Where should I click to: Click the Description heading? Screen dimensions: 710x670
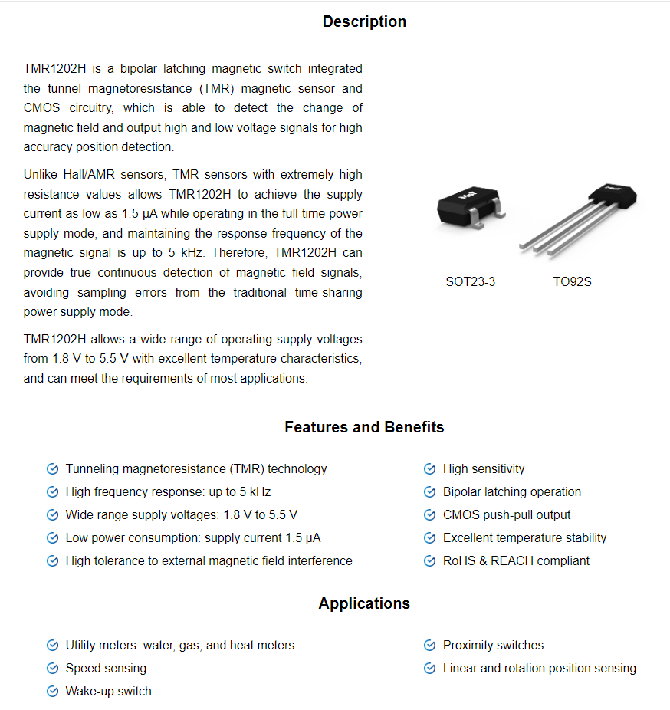click(x=364, y=21)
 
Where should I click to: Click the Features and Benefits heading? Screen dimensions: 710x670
click(x=364, y=427)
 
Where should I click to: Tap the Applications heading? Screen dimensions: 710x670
click(x=364, y=603)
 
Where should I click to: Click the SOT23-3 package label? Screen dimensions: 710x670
click(x=470, y=281)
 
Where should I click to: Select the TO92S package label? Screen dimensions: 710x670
click(x=572, y=281)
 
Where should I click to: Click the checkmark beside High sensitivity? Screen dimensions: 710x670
click(x=429, y=468)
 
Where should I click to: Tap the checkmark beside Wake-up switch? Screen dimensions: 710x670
click(x=52, y=691)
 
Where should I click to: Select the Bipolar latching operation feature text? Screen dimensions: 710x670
click(x=511, y=491)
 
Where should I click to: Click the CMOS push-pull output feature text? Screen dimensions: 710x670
click(x=506, y=514)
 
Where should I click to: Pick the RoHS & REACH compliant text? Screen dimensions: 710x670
click(x=516, y=560)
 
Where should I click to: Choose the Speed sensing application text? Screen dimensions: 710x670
click(x=106, y=668)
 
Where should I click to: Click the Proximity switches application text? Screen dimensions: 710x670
click(x=493, y=645)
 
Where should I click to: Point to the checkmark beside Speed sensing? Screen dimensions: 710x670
click(x=52, y=668)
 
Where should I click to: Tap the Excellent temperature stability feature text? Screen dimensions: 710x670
click(x=524, y=537)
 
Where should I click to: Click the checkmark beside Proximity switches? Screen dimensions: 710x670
click(x=429, y=645)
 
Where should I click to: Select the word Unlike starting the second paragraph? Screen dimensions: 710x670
click(x=40, y=175)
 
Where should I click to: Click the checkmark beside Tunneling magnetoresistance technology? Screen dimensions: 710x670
click(x=52, y=468)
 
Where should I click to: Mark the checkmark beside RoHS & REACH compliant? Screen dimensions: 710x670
click(x=429, y=560)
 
